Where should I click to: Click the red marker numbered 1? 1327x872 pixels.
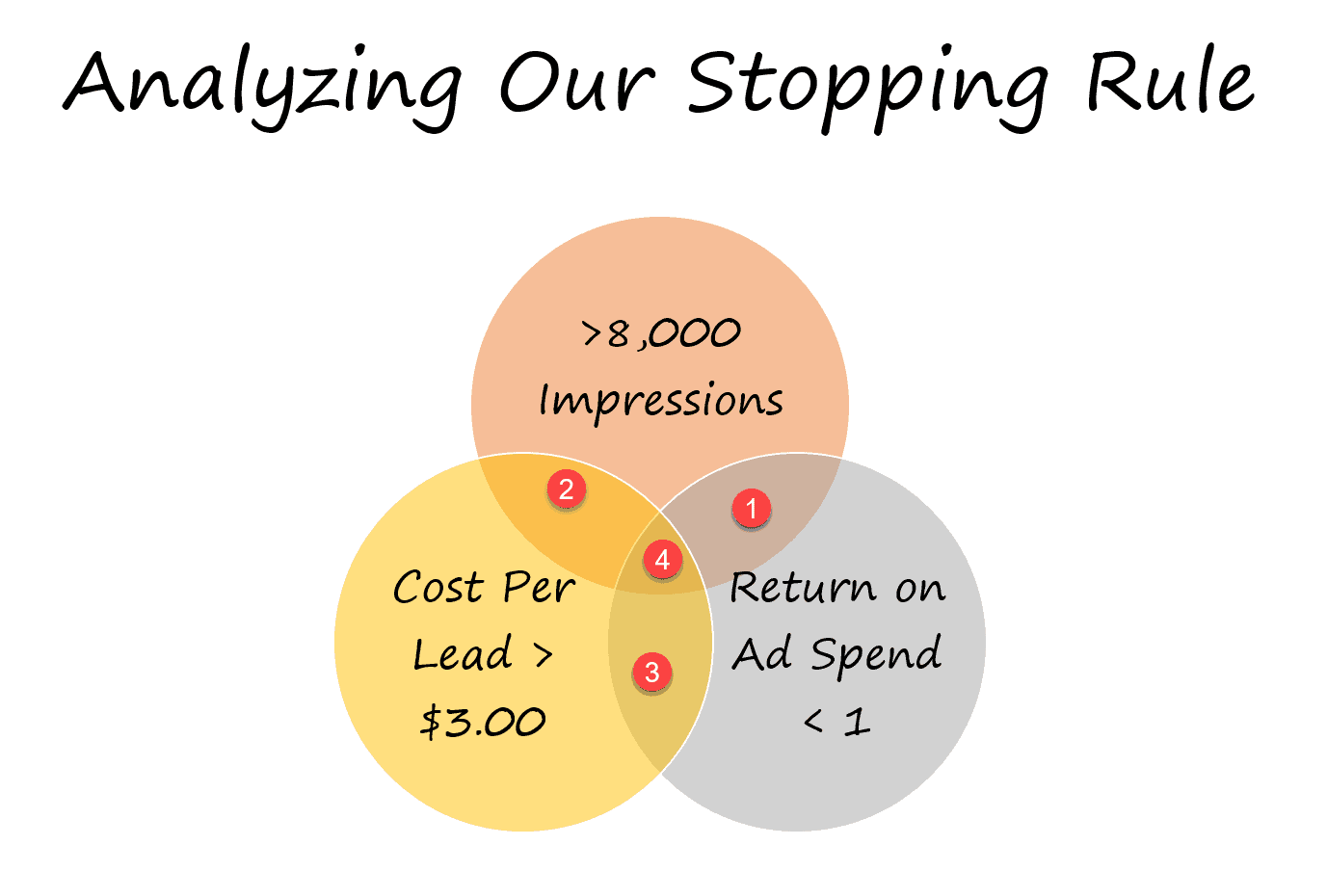pyautogui.click(x=751, y=509)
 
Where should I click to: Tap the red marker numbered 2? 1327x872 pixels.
pyautogui.click(x=567, y=489)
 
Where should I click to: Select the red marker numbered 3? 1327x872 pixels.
pyautogui.click(x=651, y=672)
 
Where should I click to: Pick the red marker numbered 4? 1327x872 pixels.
pyautogui.click(x=662, y=559)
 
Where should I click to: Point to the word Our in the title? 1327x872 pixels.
pyautogui.click(x=578, y=82)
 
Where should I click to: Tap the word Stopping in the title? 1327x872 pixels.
pyautogui.click(x=867, y=89)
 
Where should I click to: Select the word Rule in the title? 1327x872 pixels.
pyautogui.click(x=1171, y=79)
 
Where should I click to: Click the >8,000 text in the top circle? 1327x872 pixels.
pyautogui.click(x=661, y=333)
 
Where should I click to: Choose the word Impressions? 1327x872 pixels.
pyautogui.click(x=661, y=402)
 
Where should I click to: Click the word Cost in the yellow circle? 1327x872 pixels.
pyautogui.click(x=438, y=587)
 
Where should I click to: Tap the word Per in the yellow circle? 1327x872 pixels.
pyautogui.click(x=539, y=588)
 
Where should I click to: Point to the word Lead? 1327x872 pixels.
pyautogui.click(x=462, y=653)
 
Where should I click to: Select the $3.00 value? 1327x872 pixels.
pyautogui.click(x=482, y=722)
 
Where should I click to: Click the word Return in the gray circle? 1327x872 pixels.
pyautogui.click(x=803, y=588)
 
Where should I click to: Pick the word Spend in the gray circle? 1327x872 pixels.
pyautogui.click(x=876, y=654)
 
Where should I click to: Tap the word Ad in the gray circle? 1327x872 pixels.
pyautogui.click(x=762, y=653)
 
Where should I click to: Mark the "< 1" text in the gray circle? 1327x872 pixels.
pyautogui.click(x=836, y=722)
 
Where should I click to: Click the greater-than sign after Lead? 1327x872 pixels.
pyautogui.click(x=543, y=655)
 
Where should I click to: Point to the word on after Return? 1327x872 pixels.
pyautogui.click(x=920, y=590)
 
